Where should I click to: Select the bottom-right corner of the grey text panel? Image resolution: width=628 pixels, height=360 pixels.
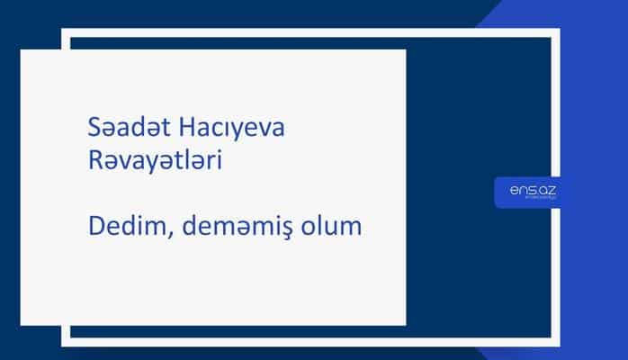click(x=405, y=324)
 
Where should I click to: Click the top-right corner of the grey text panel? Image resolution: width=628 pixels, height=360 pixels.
click(x=405, y=50)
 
